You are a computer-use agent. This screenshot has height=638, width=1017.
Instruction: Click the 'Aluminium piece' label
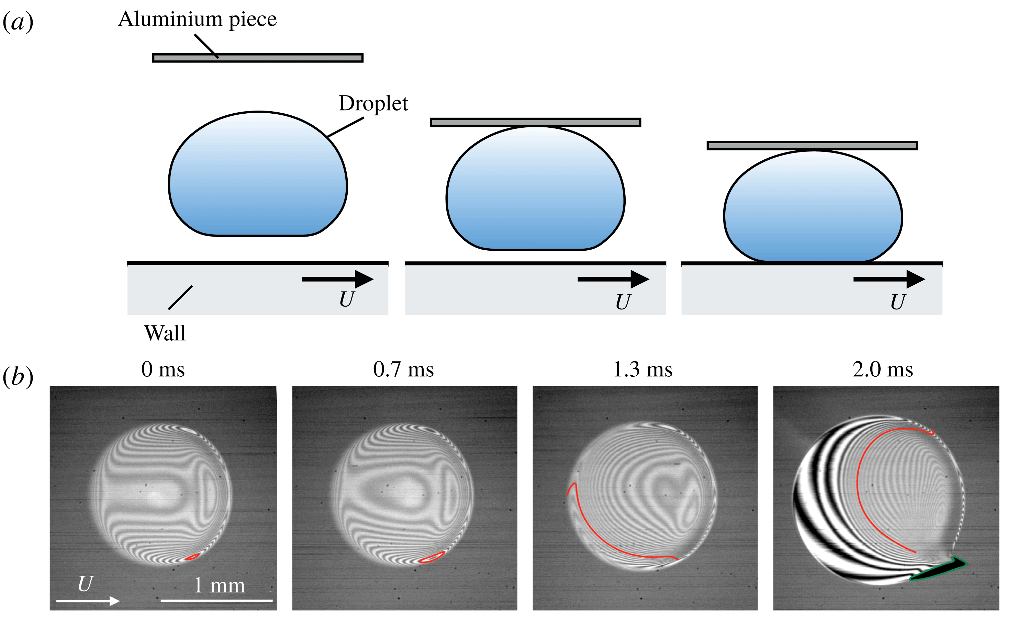point(197,20)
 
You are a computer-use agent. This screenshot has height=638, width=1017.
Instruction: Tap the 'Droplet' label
point(373,104)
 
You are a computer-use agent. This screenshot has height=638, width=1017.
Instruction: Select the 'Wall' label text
point(165,333)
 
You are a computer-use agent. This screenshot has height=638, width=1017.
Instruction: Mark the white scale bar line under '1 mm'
point(216,600)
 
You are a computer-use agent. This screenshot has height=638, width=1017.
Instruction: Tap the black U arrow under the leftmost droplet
point(337,279)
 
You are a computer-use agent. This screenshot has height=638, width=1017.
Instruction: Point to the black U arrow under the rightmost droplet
point(889,279)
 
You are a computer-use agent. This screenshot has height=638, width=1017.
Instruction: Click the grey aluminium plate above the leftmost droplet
point(258,58)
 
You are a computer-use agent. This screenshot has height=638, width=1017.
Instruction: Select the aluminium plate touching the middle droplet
point(535,122)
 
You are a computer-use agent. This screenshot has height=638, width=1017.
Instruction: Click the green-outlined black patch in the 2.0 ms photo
point(939,569)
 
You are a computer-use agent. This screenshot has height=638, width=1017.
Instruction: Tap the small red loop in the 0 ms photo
point(192,557)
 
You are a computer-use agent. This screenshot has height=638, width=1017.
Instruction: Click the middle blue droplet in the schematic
point(535,190)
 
